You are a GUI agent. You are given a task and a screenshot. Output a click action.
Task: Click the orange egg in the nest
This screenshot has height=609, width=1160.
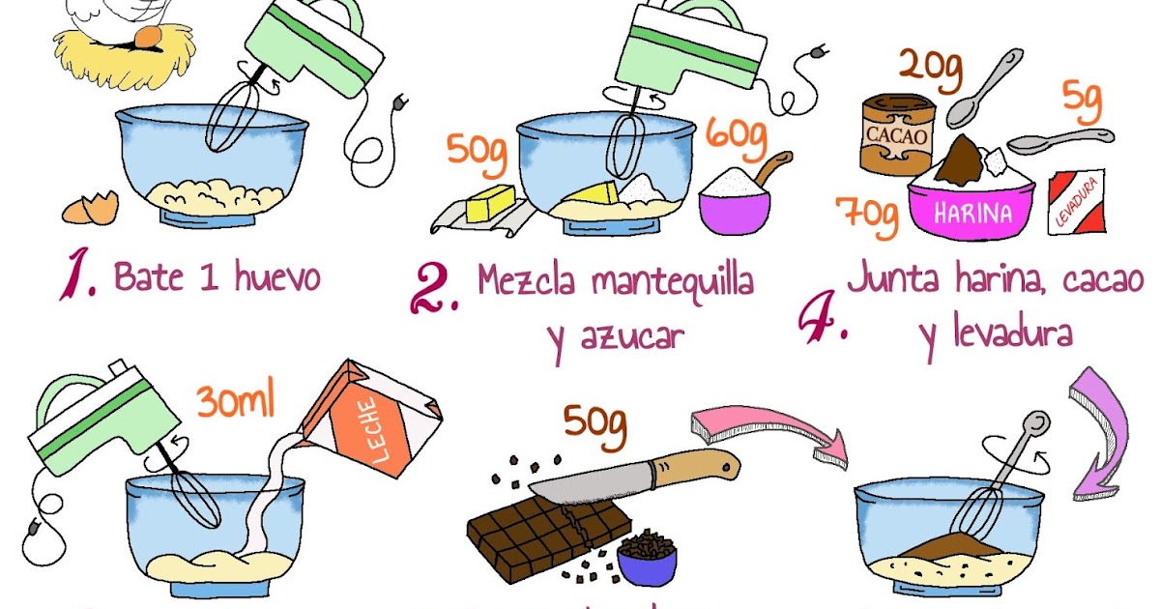148,37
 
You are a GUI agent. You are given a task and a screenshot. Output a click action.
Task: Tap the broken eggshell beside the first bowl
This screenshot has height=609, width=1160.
91,207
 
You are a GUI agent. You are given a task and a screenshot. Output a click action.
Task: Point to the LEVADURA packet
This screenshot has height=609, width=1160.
1076,204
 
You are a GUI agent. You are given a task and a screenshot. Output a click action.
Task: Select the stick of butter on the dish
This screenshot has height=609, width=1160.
491,204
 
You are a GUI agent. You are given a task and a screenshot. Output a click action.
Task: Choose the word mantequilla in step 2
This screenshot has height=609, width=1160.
673,282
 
